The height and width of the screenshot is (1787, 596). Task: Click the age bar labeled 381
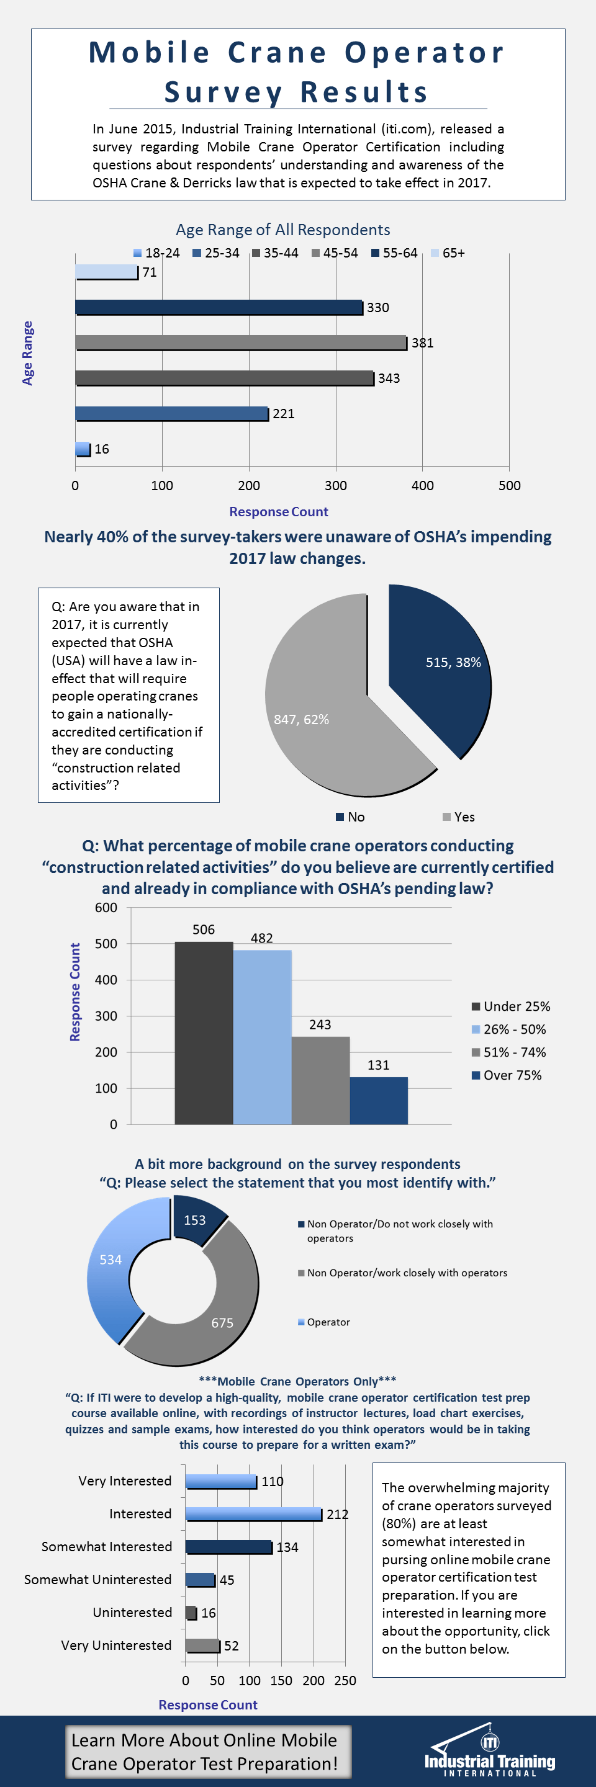[x=240, y=343]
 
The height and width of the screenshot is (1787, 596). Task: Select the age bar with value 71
[x=106, y=272]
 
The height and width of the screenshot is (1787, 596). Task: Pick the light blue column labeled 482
[x=261, y=1036]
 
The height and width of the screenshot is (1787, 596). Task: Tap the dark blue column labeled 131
[x=378, y=1100]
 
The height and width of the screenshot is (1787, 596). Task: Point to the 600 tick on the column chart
[x=106, y=908]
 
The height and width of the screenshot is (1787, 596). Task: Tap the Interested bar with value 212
[x=253, y=1514]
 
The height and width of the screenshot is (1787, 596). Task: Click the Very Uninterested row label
[x=116, y=1646]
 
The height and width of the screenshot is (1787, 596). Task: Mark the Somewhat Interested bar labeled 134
[x=228, y=1547]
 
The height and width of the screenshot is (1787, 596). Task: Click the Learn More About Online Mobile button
[x=207, y=1752]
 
